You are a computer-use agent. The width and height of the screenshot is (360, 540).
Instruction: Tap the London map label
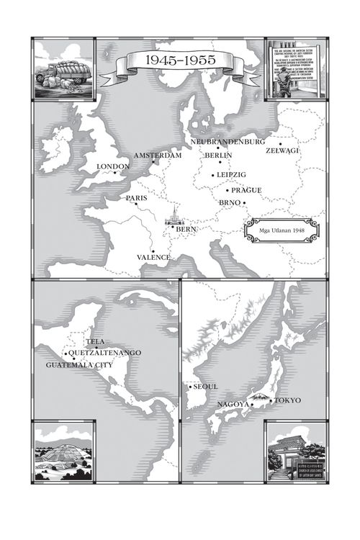coord(112,167)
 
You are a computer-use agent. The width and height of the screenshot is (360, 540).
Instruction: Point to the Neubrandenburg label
coord(229,142)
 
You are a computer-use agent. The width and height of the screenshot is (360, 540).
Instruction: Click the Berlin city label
coord(218,156)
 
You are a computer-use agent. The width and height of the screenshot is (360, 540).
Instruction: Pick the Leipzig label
coord(231,175)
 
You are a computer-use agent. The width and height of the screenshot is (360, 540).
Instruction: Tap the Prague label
coord(246,191)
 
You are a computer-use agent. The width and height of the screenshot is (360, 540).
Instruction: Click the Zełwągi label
coord(282,150)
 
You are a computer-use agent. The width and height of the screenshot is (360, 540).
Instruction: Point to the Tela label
coord(96,341)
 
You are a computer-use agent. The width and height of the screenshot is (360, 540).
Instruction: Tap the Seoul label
coord(205,387)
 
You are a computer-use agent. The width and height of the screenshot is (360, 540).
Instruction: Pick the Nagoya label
coord(233,405)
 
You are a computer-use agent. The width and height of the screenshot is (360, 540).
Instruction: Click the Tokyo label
coord(286,400)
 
